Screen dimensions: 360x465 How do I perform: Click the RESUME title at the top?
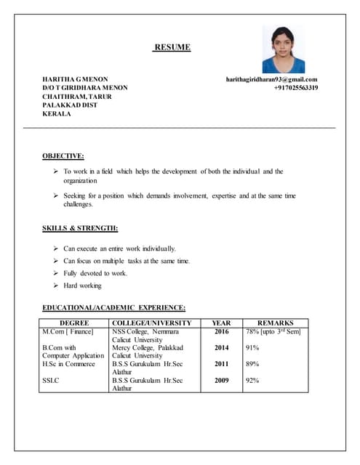point(172,48)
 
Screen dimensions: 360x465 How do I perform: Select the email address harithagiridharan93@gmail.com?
point(271,79)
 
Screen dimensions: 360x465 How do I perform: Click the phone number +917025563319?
point(295,88)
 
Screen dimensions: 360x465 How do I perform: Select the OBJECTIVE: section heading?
point(63,155)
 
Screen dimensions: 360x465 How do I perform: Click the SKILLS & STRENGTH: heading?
point(80,229)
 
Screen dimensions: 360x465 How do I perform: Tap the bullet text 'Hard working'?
point(82,286)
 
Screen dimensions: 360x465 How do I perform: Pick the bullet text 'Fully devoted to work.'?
point(95,273)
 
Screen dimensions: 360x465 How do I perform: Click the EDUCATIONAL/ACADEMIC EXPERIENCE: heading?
point(113,307)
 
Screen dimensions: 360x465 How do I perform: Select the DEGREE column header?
point(74,323)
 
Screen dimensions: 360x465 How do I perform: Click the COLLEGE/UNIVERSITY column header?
point(152,323)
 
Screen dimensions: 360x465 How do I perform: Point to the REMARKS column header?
point(276,323)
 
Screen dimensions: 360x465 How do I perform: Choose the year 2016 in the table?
point(221,331)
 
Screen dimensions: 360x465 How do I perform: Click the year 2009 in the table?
point(221,380)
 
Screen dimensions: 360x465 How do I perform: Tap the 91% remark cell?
point(252,348)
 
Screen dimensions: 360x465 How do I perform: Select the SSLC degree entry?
point(51,380)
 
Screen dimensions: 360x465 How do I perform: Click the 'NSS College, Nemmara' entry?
point(145,331)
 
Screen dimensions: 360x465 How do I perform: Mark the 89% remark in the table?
point(252,364)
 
